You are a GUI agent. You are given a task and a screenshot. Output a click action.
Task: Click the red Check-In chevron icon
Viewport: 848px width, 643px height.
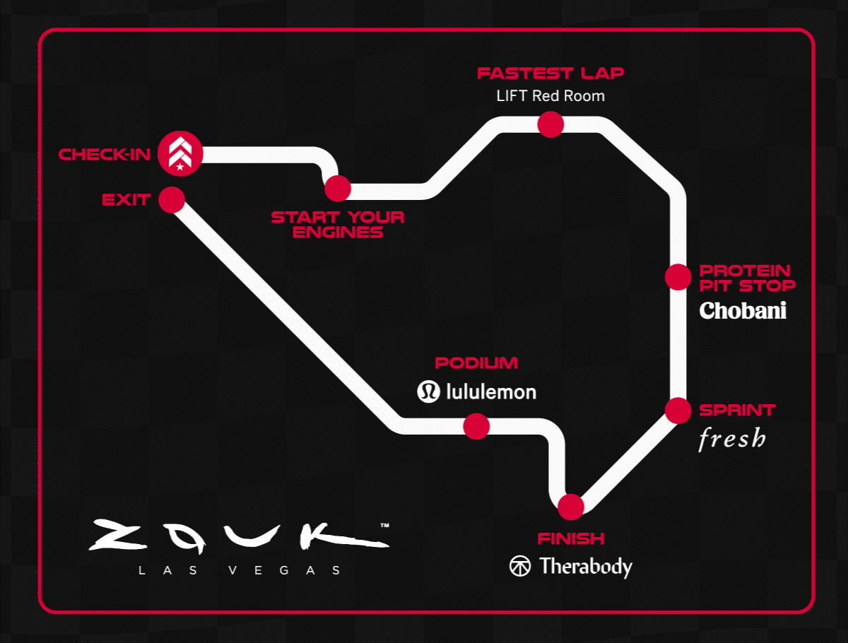(x=180, y=153)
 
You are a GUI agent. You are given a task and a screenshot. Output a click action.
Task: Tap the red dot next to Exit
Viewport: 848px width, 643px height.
(x=172, y=200)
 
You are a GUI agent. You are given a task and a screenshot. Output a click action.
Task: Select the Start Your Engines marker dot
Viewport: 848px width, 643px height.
(x=338, y=189)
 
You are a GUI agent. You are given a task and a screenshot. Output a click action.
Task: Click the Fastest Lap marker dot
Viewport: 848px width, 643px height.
(x=550, y=124)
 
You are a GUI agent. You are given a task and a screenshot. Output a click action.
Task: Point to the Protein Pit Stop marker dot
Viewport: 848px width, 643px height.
(x=678, y=277)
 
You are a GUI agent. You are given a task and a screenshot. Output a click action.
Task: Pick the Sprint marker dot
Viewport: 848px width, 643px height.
(x=678, y=410)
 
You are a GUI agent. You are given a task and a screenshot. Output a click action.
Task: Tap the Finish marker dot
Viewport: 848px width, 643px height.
(x=570, y=507)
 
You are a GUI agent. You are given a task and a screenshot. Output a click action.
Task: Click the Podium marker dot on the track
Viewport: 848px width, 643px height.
(x=476, y=426)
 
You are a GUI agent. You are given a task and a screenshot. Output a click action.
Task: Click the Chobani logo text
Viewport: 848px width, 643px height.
(x=743, y=311)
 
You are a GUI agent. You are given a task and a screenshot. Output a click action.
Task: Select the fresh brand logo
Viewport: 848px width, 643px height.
(x=731, y=439)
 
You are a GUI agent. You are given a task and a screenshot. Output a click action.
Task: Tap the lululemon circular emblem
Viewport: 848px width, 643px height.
(x=428, y=391)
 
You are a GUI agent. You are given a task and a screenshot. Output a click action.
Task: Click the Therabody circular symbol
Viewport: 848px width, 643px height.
(x=520, y=566)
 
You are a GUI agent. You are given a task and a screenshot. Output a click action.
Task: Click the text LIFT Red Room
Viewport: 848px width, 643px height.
(x=550, y=95)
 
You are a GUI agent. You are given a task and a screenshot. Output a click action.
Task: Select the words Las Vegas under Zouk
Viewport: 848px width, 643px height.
(x=240, y=570)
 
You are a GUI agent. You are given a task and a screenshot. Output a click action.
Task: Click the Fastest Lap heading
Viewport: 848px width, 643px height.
(x=550, y=73)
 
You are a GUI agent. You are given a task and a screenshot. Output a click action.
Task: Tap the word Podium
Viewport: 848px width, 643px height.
(x=476, y=363)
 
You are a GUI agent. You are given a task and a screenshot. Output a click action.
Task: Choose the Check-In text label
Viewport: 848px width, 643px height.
(x=105, y=154)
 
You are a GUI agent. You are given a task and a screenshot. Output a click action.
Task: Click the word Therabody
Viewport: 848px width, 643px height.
(x=586, y=567)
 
